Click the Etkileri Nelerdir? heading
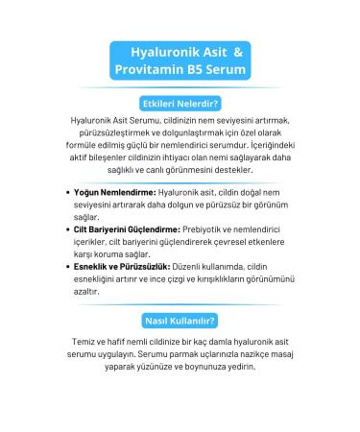click(180, 102)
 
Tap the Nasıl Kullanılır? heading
click(180, 320)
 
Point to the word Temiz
click(74, 342)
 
